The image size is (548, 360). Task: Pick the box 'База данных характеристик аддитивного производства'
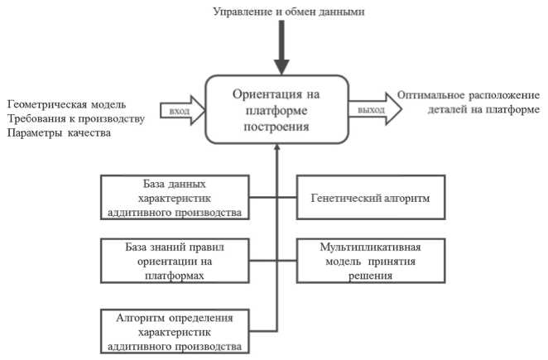[x=174, y=197]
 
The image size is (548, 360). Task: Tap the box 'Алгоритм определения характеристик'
[x=174, y=331]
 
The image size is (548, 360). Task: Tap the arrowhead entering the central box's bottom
[x=281, y=149]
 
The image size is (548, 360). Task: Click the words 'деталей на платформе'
[x=480, y=109]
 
